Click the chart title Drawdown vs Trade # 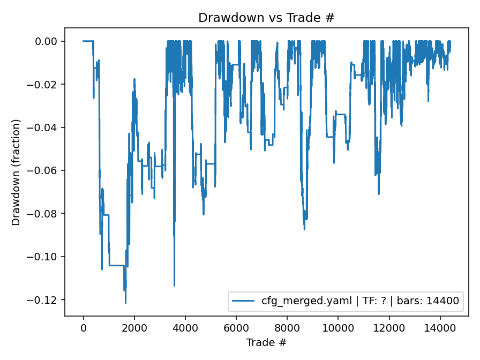click(266, 17)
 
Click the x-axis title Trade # click(266, 342)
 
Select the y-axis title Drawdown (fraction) click(17, 172)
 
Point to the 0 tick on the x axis click(83, 327)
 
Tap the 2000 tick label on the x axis click(134, 327)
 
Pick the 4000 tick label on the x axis click(185, 327)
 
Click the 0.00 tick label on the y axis click(46, 41)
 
